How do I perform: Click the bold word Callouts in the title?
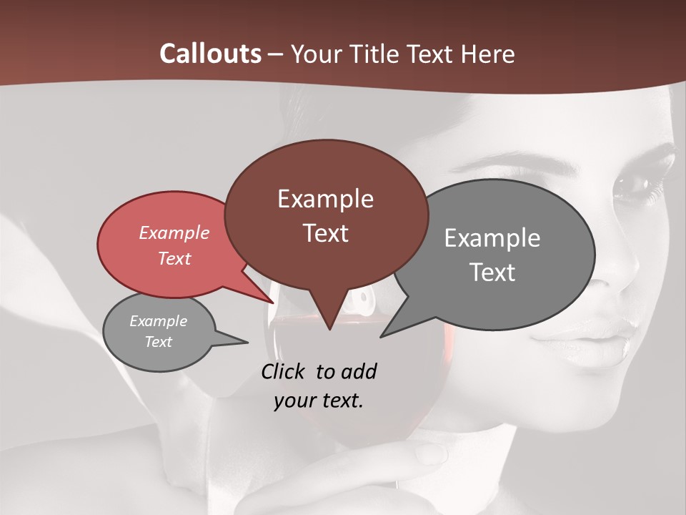pyautogui.click(x=210, y=54)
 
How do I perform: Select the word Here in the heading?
pyautogui.click(x=487, y=54)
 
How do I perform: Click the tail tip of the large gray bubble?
pyautogui.click(x=382, y=335)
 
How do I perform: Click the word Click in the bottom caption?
pyautogui.click(x=283, y=371)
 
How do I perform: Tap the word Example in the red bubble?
pyautogui.click(x=174, y=232)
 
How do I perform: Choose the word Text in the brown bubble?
pyautogui.click(x=326, y=233)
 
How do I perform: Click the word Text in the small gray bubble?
pyautogui.click(x=159, y=342)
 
